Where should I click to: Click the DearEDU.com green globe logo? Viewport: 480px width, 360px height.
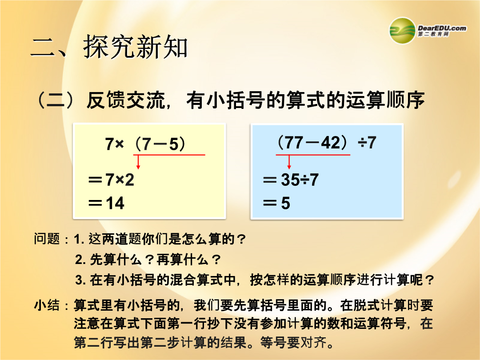coord(402,31)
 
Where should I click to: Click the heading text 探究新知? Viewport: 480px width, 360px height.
coord(135,47)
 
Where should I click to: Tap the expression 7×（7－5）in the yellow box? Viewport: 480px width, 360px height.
coord(145,144)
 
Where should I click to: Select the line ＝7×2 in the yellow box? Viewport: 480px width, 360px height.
coord(111,180)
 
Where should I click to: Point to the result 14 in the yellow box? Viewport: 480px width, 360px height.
coord(115,203)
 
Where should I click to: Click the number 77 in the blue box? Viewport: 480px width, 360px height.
coord(295,143)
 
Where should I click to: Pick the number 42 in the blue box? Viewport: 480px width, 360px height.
coord(331,143)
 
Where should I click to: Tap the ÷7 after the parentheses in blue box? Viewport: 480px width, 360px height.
coord(367,143)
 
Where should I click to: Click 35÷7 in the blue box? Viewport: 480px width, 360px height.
coord(300,180)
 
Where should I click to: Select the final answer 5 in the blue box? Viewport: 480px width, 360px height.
coord(286,203)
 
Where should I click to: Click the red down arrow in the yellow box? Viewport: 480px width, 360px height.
coord(138,162)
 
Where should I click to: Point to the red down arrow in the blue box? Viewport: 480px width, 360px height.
coord(289,162)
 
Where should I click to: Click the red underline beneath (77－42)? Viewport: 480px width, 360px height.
coord(313,155)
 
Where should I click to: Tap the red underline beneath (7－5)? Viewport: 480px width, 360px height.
coord(169,155)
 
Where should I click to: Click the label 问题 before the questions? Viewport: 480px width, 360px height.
coord(47,239)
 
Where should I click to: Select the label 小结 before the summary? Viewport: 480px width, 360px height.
coord(47,305)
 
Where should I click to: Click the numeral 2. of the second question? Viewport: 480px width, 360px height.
coord(80,260)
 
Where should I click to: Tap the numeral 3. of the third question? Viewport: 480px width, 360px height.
coord(80,280)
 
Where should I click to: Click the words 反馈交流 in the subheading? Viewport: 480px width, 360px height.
coord(126,100)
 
